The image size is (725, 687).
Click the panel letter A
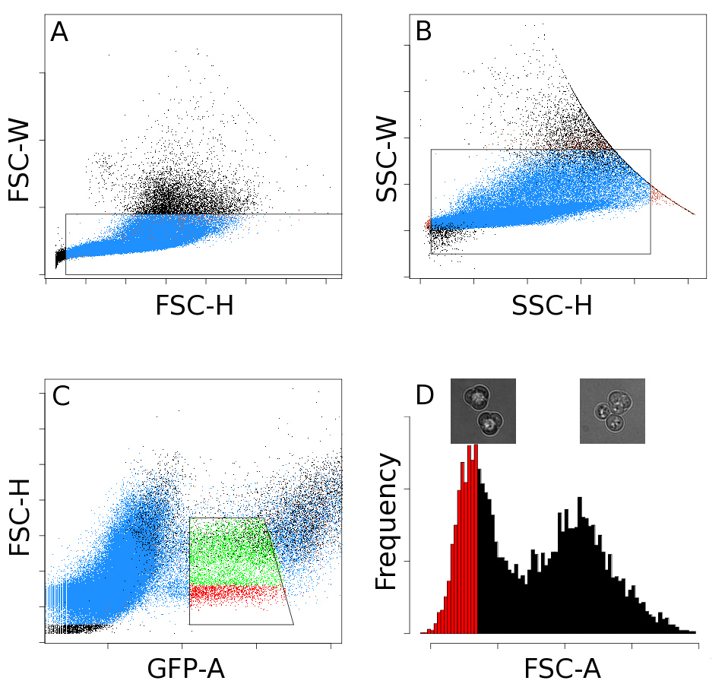tap(59, 33)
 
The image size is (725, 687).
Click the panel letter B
tap(424, 31)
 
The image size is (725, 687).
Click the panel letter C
tap(61, 396)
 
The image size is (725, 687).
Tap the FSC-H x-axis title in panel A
tap(194, 306)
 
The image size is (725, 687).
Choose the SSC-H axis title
tap(552, 306)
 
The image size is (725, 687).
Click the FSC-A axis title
tap(562, 669)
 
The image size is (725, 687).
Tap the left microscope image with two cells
tap(483, 411)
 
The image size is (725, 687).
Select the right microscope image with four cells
tap(612, 411)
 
